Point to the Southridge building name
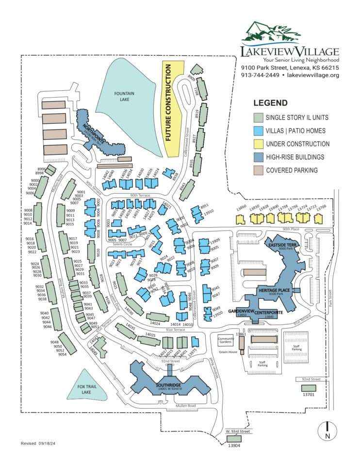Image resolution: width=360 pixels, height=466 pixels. tap(168, 386)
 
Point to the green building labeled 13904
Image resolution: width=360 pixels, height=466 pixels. tap(234, 439)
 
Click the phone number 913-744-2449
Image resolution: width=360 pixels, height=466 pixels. tap(260, 75)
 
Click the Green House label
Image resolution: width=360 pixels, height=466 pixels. tap(228, 352)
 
